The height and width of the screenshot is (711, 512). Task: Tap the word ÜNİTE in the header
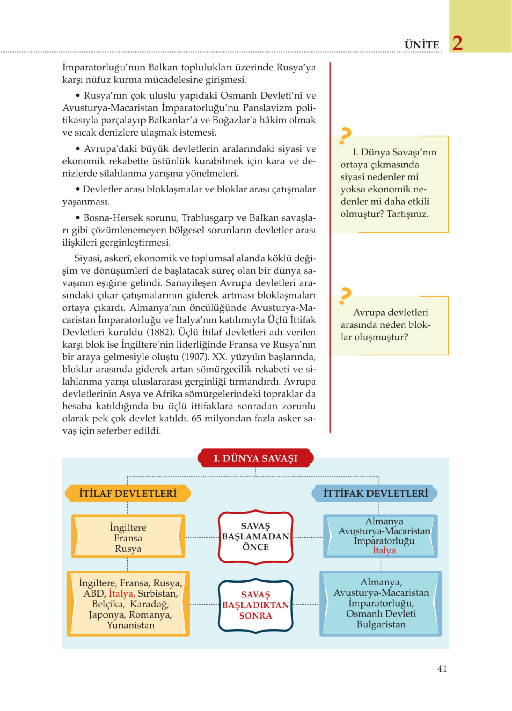422,45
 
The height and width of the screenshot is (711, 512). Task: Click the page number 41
442,668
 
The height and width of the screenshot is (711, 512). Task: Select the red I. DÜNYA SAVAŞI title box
256,458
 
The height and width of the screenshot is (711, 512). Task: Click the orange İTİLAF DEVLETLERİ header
128,493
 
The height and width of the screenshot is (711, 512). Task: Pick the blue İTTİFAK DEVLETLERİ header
375,493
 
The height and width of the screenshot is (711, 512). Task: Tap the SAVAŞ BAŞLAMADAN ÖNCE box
256,536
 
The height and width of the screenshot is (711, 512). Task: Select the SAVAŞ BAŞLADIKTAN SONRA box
256,605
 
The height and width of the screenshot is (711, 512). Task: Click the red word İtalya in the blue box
384,551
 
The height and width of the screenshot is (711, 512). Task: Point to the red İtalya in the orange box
122,593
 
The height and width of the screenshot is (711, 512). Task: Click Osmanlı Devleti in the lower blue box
381,614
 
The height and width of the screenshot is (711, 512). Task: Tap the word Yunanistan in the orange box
131,625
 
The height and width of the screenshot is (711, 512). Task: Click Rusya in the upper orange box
128,549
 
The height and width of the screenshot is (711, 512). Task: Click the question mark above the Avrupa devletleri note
345,296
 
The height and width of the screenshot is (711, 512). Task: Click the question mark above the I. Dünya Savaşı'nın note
345,136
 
